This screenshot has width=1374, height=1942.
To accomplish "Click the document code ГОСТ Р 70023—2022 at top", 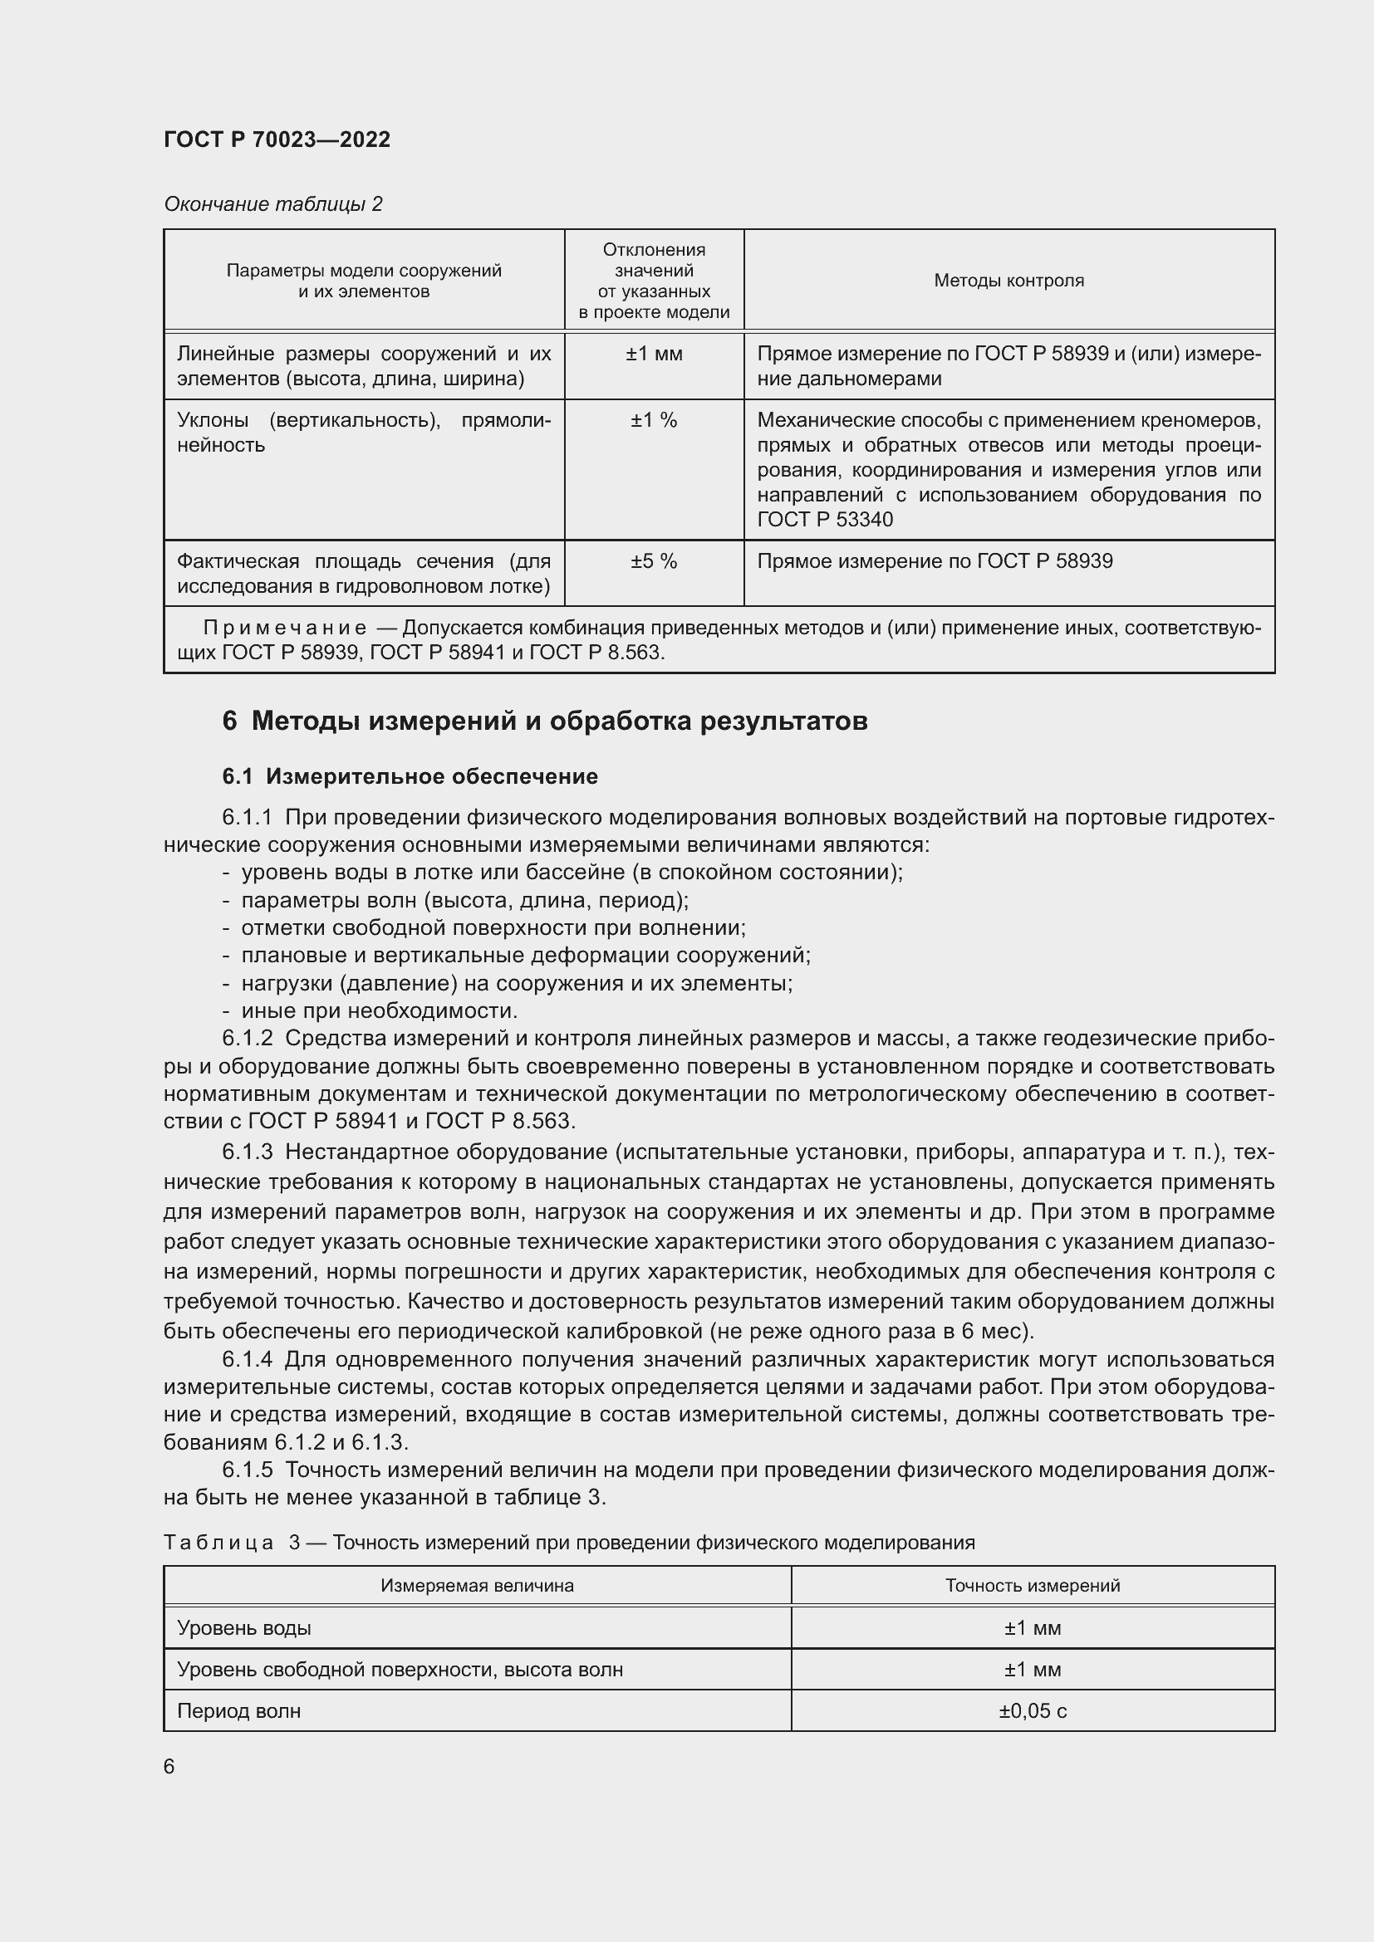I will click(x=277, y=139).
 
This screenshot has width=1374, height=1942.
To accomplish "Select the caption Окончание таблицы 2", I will click(x=272, y=204).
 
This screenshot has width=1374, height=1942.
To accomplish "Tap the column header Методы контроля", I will click(x=1008, y=281).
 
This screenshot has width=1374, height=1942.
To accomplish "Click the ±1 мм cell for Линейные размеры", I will click(x=653, y=355).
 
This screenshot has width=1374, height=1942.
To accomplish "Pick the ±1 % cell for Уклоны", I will click(x=653, y=420).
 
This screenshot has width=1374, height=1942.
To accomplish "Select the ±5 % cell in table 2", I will click(x=653, y=561).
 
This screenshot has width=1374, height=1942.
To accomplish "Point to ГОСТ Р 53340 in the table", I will click(x=824, y=519).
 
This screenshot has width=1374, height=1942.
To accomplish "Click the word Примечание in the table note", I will click(x=284, y=628).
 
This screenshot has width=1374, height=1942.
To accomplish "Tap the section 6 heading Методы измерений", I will click(x=545, y=721).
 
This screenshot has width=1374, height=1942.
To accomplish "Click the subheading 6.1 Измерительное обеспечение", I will click(x=410, y=776).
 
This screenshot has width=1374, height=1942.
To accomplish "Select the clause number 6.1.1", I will click(x=247, y=817).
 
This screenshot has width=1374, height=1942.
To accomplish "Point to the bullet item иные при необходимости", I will click(x=379, y=1010).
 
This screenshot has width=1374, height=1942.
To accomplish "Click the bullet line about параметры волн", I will click(x=464, y=900).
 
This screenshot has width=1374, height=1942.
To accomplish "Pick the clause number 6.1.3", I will click(x=247, y=1152).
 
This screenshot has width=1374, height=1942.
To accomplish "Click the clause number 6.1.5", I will click(x=247, y=1470).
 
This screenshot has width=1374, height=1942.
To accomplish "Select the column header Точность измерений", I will click(x=1033, y=1586).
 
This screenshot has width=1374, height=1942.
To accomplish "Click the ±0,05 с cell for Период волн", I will click(x=1033, y=1711).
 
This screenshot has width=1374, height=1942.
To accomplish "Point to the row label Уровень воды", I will click(x=243, y=1628).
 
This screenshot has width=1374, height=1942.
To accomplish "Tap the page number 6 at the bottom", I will click(x=169, y=1766).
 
